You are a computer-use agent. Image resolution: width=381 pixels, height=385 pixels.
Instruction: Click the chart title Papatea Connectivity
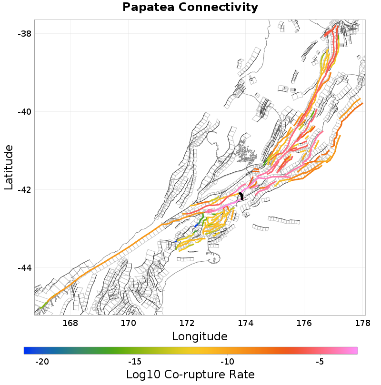point(190,7)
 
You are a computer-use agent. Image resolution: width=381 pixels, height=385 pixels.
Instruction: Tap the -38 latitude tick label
point(25,34)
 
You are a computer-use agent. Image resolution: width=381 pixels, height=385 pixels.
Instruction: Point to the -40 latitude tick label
point(25,112)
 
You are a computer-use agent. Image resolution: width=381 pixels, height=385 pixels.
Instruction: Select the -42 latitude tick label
point(25,190)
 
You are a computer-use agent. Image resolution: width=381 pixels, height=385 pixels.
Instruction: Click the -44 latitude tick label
point(25,268)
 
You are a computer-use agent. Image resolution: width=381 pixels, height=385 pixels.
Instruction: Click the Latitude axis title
point(9,168)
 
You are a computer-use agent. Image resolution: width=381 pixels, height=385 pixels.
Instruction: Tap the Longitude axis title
point(200,336)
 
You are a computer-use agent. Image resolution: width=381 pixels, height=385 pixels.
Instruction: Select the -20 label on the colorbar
point(42,362)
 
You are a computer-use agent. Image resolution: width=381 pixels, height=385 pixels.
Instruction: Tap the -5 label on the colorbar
point(320,362)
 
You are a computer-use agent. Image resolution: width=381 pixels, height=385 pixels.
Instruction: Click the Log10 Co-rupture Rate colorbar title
point(190,374)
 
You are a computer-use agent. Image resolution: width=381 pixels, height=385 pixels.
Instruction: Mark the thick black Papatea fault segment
point(241,196)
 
